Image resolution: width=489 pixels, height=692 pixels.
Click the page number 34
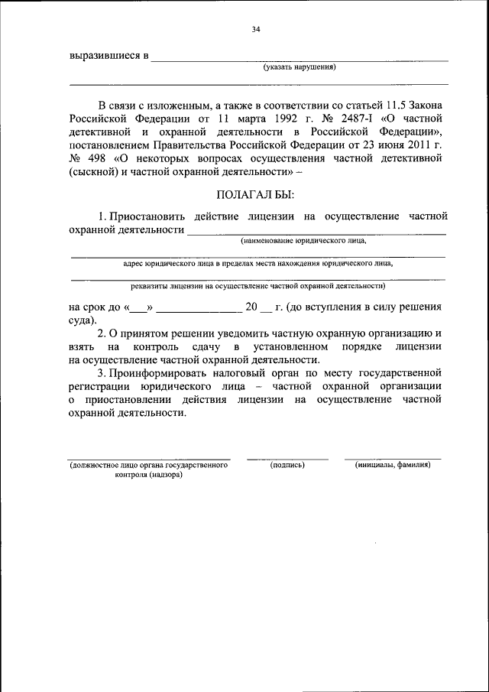(x=256, y=30)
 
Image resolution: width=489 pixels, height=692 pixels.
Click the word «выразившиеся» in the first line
(x=103, y=56)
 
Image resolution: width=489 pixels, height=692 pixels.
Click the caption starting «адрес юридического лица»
(x=258, y=264)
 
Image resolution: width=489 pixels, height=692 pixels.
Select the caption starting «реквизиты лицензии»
(x=257, y=286)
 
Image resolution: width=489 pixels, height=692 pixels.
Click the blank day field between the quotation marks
(x=139, y=307)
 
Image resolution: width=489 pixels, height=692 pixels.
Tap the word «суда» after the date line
(x=80, y=320)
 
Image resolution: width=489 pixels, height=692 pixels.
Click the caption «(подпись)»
(x=287, y=464)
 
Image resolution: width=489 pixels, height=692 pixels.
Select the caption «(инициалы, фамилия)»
(x=393, y=464)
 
